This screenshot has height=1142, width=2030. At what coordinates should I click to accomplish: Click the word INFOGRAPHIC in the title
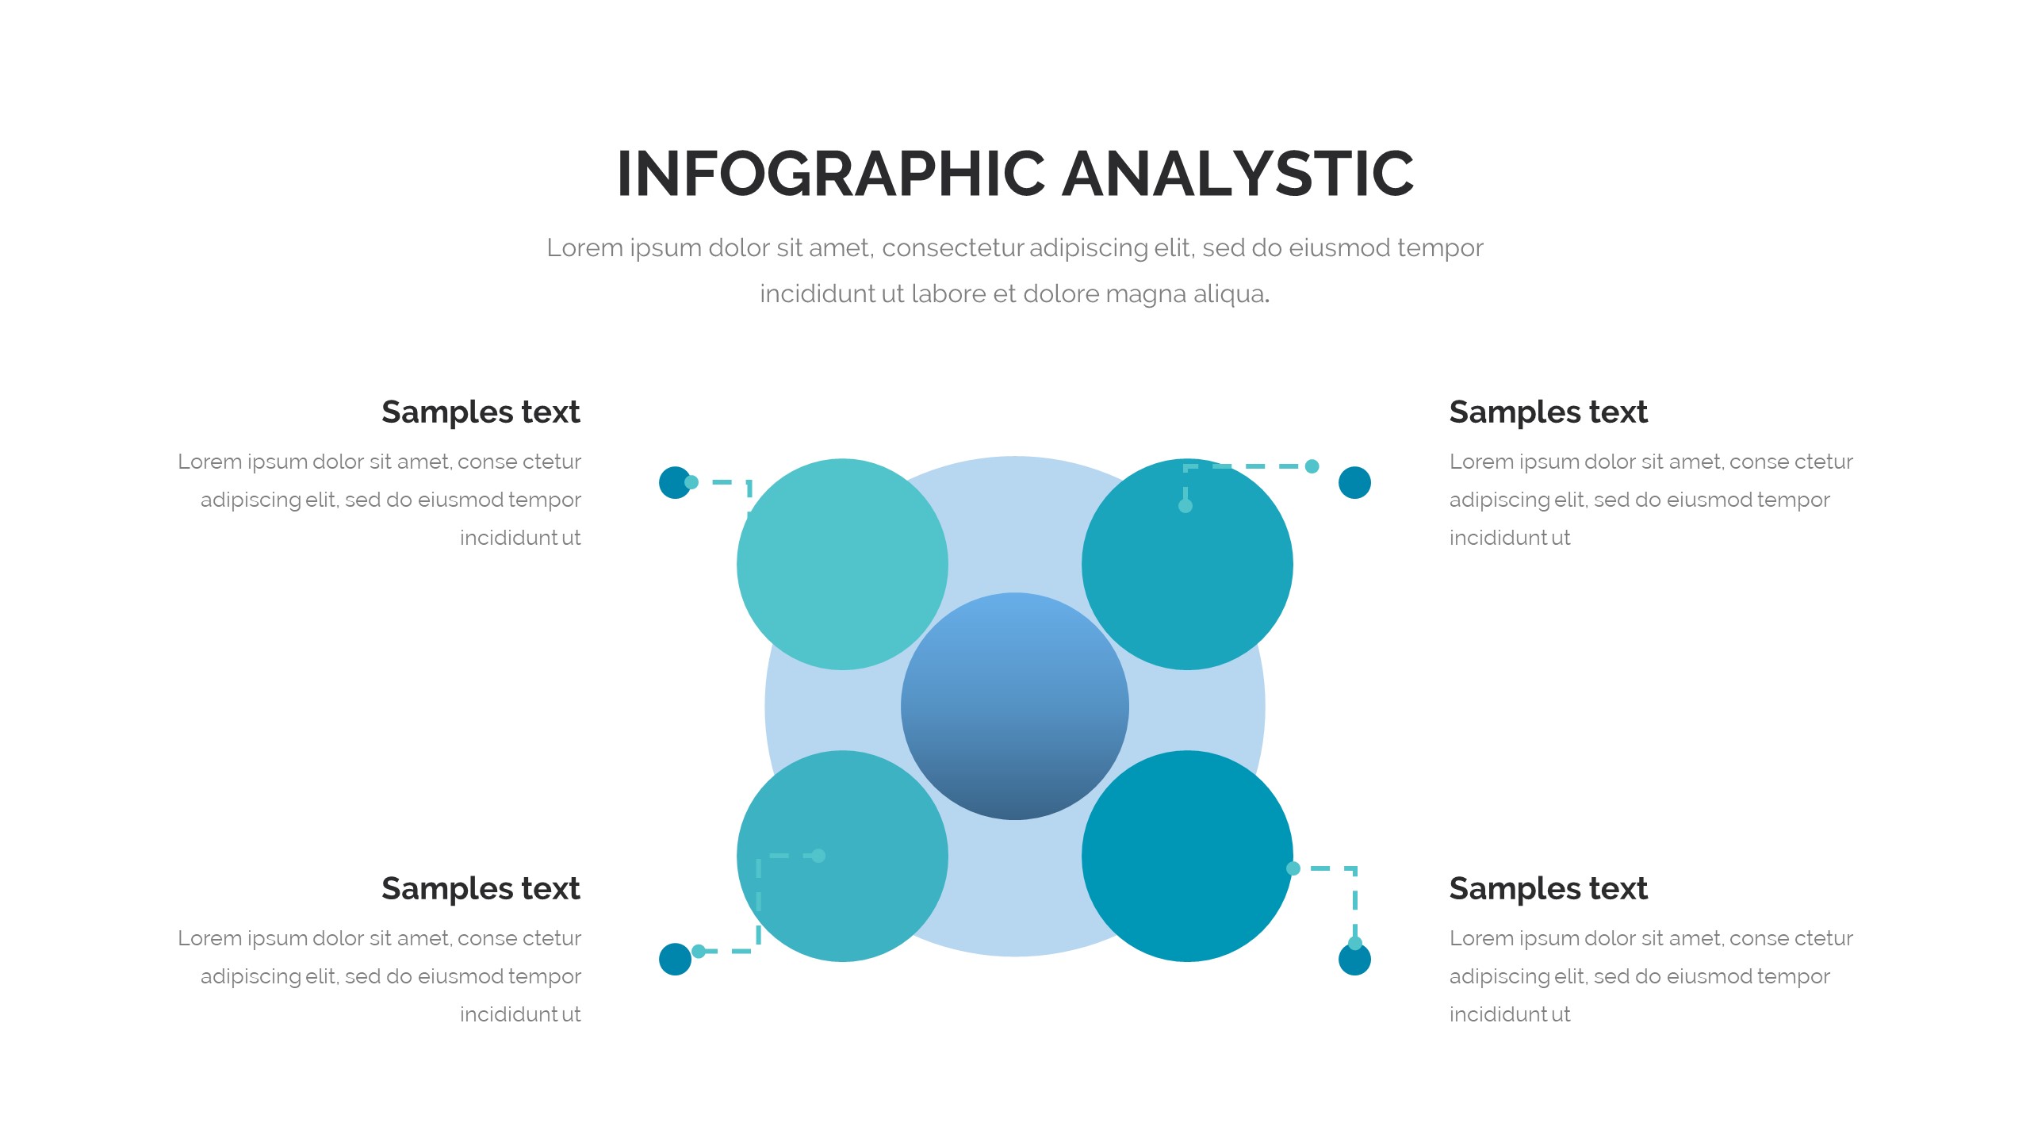(x=831, y=174)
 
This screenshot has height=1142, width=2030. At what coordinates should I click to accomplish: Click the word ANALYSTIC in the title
(x=1238, y=174)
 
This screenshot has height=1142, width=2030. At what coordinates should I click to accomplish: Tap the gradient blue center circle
(x=1015, y=706)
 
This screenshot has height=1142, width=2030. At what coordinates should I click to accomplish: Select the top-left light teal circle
(x=842, y=564)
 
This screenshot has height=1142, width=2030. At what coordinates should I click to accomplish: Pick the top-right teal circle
(x=1187, y=564)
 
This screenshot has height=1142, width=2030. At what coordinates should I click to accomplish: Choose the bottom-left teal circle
(x=842, y=856)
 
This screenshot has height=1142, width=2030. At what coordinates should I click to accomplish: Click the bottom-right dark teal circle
(x=1187, y=856)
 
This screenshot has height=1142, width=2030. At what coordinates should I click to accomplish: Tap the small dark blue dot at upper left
(x=675, y=482)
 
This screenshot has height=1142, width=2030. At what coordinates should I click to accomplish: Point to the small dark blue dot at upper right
(x=1354, y=482)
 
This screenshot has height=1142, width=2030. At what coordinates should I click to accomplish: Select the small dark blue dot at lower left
(x=675, y=959)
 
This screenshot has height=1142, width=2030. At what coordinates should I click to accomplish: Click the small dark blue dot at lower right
(x=1354, y=959)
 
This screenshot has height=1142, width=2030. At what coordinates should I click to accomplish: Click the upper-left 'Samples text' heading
(x=481, y=412)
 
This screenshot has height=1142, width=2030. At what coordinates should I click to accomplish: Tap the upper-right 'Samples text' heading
(x=1549, y=412)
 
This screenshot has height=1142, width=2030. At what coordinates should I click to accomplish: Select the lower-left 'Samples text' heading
(x=481, y=889)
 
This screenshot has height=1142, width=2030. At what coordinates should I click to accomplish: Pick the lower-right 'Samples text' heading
(x=1549, y=889)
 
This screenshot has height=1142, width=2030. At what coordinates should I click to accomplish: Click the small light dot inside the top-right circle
(x=1185, y=506)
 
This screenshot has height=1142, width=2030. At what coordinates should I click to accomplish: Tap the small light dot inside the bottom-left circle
(x=819, y=856)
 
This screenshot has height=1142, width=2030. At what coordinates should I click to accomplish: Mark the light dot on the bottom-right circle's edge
(x=1293, y=868)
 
